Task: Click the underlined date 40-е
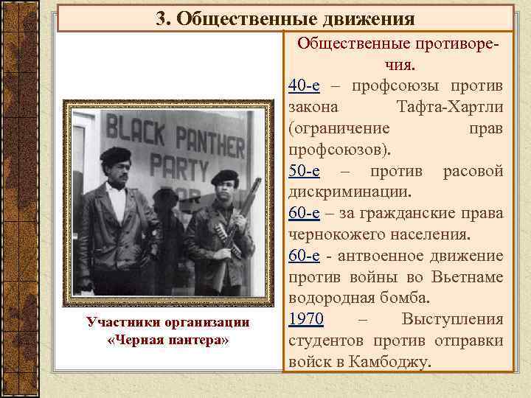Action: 304,86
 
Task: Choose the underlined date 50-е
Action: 304,172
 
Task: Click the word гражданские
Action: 412,214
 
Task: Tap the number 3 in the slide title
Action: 160,18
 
